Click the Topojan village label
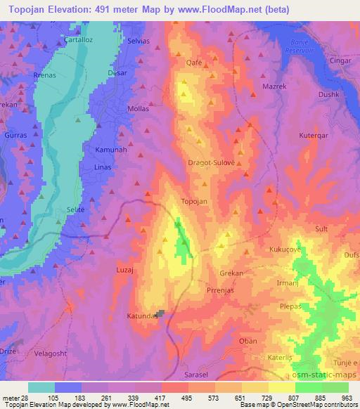click(x=194, y=201)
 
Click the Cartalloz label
click(x=79, y=39)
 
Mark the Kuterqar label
click(x=314, y=134)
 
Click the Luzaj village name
click(x=124, y=269)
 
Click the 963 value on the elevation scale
click(x=347, y=398)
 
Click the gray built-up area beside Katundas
click(x=162, y=314)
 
